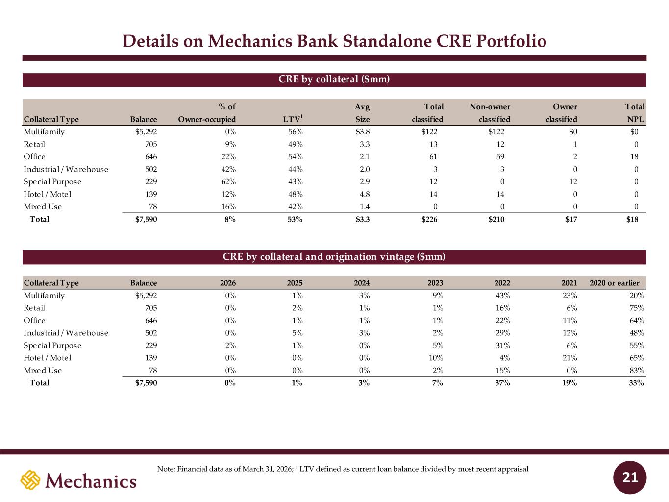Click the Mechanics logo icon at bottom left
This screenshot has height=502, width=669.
click(x=30, y=480)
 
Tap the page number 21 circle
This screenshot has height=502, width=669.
click(x=630, y=477)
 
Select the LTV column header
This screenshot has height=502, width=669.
click(x=293, y=119)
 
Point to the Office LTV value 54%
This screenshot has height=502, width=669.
click(x=296, y=157)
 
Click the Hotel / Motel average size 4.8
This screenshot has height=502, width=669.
click(x=365, y=194)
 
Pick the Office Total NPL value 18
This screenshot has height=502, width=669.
click(x=634, y=157)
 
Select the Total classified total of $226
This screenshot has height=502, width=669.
click(x=429, y=219)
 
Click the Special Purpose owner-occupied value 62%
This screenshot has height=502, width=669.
click(x=228, y=182)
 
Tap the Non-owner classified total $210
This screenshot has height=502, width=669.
click(x=496, y=219)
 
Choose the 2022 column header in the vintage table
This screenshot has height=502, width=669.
click(x=502, y=283)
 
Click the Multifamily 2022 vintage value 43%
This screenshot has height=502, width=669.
click(x=502, y=295)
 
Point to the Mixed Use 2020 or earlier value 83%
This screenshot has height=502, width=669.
click(x=637, y=370)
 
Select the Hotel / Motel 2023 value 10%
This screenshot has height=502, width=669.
click(x=436, y=358)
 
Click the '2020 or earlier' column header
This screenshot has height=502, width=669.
click(x=615, y=283)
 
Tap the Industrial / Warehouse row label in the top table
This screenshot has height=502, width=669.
click(x=66, y=169)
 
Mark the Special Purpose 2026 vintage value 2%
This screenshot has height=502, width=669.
click(x=230, y=345)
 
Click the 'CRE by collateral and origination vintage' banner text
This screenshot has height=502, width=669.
click(x=334, y=257)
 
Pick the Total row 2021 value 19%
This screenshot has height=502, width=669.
click(x=570, y=383)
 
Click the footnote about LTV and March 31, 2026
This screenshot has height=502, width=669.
click(x=343, y=469)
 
